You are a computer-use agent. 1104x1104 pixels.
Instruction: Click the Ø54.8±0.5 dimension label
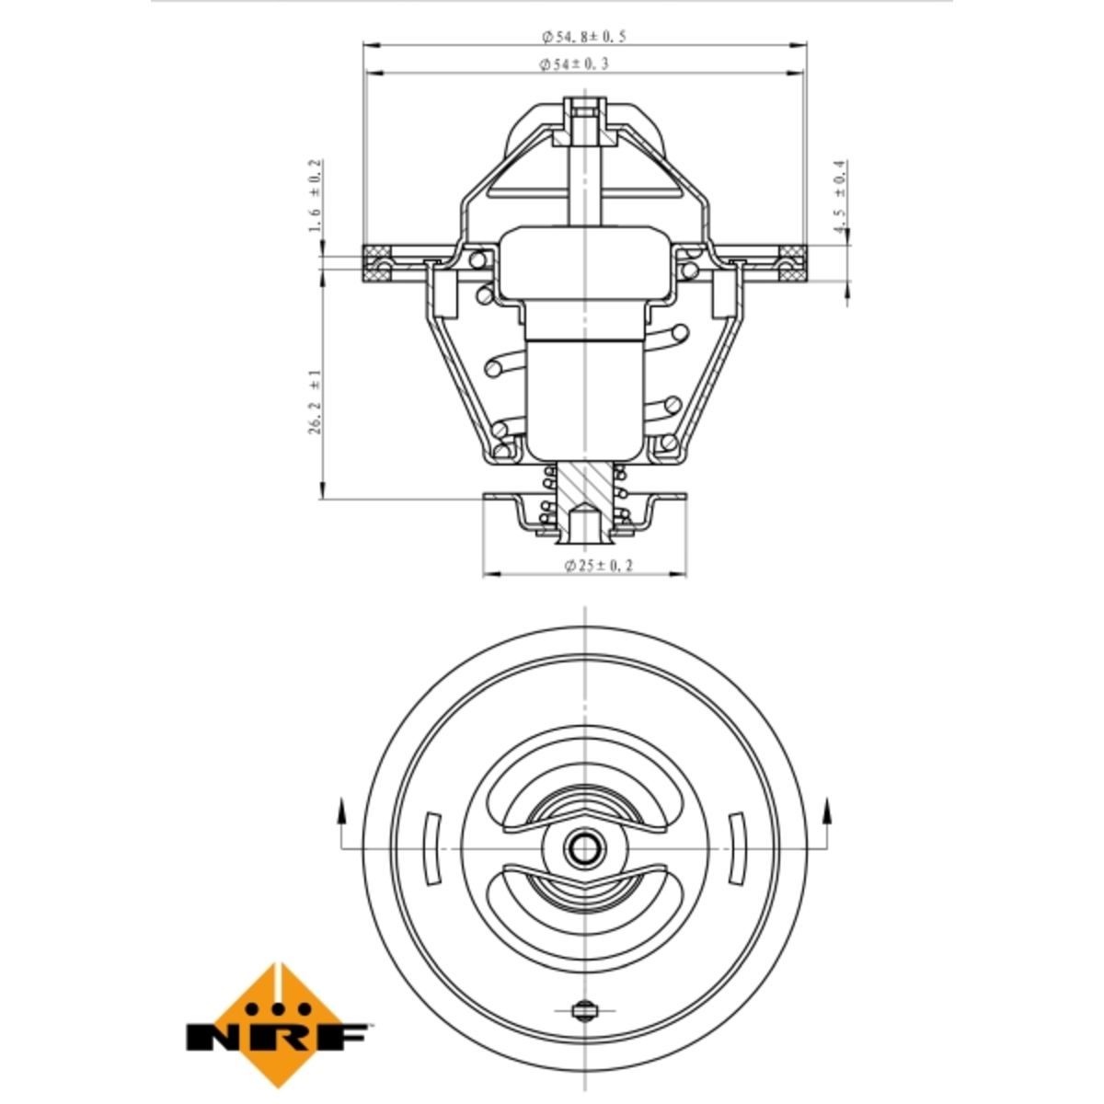tap(584, 37)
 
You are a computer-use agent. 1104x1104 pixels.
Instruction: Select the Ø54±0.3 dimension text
tap(574, 64)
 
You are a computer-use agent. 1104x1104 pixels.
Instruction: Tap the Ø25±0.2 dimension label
tap(599, 566)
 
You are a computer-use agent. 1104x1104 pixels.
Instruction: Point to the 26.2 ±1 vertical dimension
tap(316, 401)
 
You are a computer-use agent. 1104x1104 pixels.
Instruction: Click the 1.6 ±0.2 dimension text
tap(316, 196)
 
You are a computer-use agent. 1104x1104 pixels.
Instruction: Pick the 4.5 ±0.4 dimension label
tap(840, 196)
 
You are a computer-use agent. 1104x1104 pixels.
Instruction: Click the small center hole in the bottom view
tap(584, 848)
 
